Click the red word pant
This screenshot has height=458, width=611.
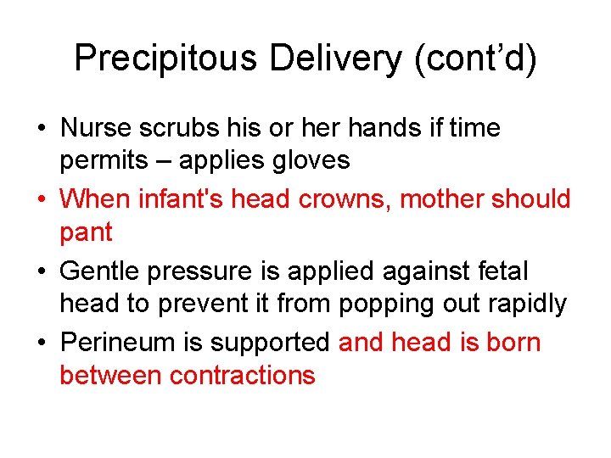(x=87, y=232)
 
